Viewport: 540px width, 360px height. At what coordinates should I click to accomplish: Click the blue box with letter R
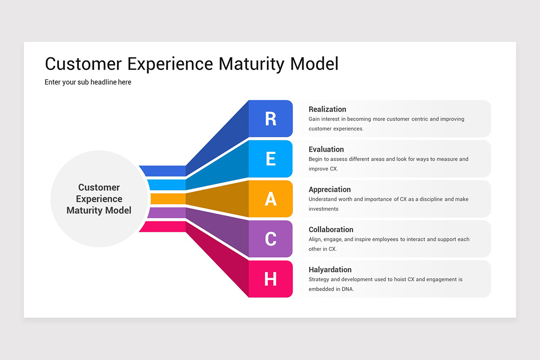pos(270,119)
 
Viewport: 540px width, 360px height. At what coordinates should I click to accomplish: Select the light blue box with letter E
pos(270,159)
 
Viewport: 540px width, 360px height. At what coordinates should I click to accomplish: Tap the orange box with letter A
pos(270,199)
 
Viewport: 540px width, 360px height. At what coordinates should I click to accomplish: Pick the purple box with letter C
pos(270,239)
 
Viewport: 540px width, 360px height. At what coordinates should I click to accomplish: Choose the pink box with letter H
pos(270,279)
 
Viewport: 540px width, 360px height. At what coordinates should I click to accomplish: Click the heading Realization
pos(327,109)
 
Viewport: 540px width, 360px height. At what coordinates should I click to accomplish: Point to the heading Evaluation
pos(326,149)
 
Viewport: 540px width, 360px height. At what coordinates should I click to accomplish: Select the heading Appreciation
pos(329,189)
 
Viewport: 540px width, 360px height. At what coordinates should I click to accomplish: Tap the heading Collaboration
pos(331,229)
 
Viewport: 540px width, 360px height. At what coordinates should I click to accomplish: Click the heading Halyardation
pos(330,270)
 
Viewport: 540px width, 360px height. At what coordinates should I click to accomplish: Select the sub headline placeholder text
pos(88,82)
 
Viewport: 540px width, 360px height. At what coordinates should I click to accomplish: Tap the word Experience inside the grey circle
pos(99,199)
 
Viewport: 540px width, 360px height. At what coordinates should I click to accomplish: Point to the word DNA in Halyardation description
pos(347,289)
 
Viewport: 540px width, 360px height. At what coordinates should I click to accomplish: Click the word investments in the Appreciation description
pos(323,209)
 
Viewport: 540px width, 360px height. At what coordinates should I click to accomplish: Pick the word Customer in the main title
pos(83,64)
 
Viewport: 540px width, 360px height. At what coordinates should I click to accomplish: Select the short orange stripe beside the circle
pos(167,199)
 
